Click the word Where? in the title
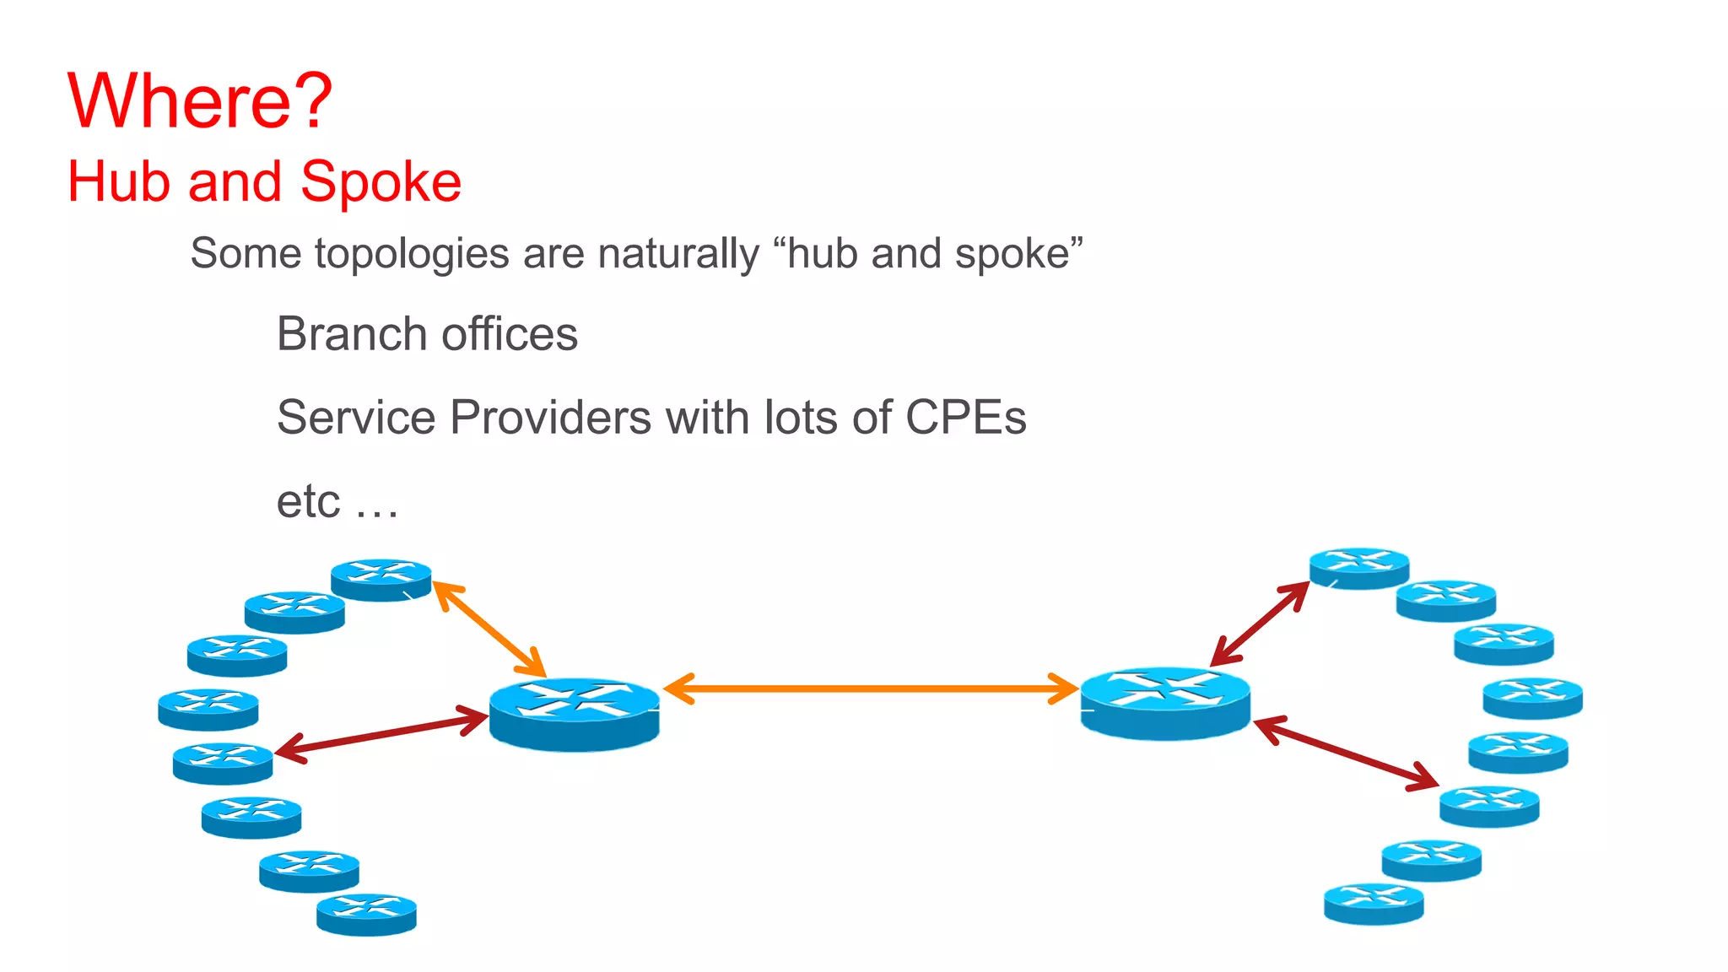pyautogui.click(x=200, y=101)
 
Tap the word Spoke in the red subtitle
pyautogui.click(x=381, y=182)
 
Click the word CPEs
pyautogui.click(x=965, y=418)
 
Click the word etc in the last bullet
pyautogui.click(x=308, y=501)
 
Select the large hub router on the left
pyautogui.click(x=574, y=713)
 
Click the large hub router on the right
pyautogui.click(x=1164, y=703)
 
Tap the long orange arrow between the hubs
pyautogui.click(x=871, y=688)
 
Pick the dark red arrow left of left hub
pyautogui.click(x=382, y=733)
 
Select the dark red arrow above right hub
pyautogui.click(x=1260, y=624)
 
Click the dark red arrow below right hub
pyautogui.click(x=1346, y=753)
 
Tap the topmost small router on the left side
pyautogui.click(x=381, y=579)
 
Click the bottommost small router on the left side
pyautogui.click(x=366, y=914)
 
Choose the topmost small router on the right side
pyautogui.click(x=1358, y=568)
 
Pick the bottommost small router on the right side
pyautogui.click(x=1374, y=903)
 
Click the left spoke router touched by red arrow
pyautogui.click(x=223, y=763)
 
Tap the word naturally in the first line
pyautogui.click(x=678, y=254)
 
